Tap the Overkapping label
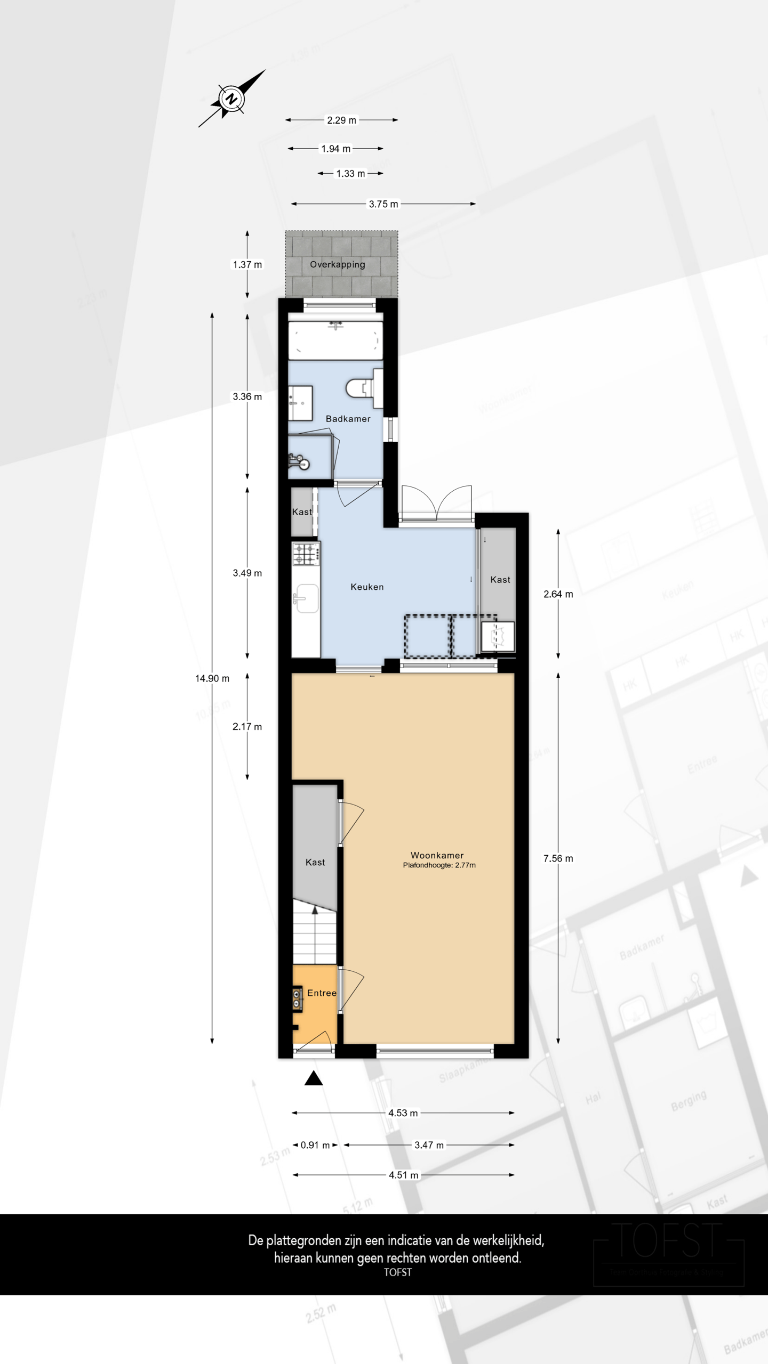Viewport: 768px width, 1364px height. pyautogui.click(x=338, y=264)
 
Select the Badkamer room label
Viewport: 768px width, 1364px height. pyautogui.click(x=348, y=419)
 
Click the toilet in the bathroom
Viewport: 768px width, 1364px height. pyautogui.click(x=363, y=388)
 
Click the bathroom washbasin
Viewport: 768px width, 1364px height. pyautogui.click(x=300, y=403)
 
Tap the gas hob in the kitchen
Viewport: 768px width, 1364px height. pyautogui.click(x=306, y=554)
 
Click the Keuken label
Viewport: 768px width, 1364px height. pyautogui.click(x=367, y=587)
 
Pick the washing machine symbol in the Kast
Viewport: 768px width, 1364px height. pyautogui.click(x=498, y=636)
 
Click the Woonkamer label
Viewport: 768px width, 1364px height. pyautogui.click(x=437, y=855)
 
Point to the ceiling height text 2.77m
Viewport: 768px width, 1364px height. pyautogui.click(x=439, y=865)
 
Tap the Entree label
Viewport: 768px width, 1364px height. pyautogui.click(x=322, y=993)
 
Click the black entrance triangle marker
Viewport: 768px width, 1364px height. pyautogui.click(x=314, y=1078)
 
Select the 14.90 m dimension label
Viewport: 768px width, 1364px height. pyautogui.click(x=212, y=678)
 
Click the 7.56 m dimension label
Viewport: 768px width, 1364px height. pyautogui.click(x=558, y=858)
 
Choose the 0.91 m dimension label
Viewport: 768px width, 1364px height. pyautogui.click(x=315, y=1145)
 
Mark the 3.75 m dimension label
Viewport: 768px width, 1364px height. pyautogui.click(x=383, y=204)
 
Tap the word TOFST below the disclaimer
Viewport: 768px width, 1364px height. pyautogui.click(x=397, y=1272)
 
